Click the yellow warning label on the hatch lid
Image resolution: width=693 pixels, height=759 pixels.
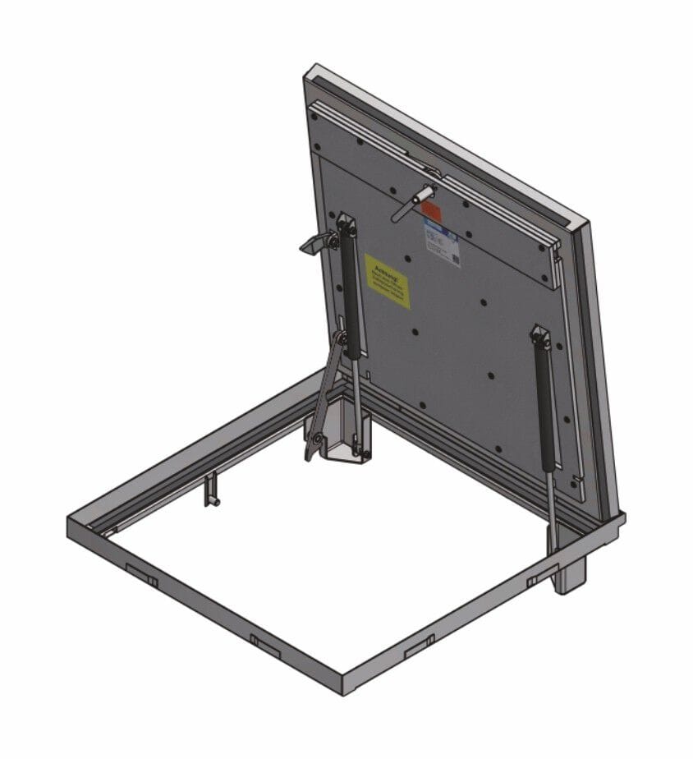tap(387, 281)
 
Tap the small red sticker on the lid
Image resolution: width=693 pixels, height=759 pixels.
tap(432, 211)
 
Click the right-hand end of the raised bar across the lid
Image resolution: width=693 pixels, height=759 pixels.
tap(553, 264)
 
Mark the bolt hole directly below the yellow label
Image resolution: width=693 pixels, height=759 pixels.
tap(415, 332)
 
